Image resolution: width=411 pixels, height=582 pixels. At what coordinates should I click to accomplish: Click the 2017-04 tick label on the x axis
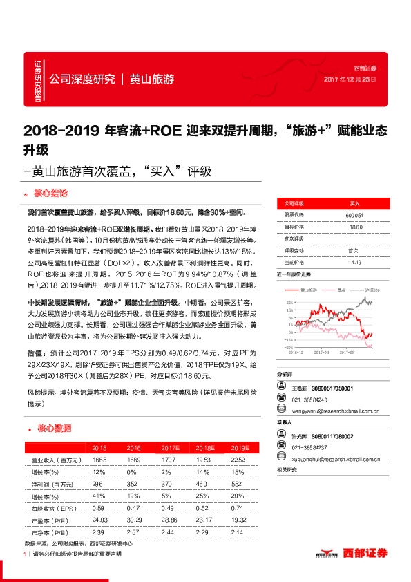[x=322, y=351]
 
